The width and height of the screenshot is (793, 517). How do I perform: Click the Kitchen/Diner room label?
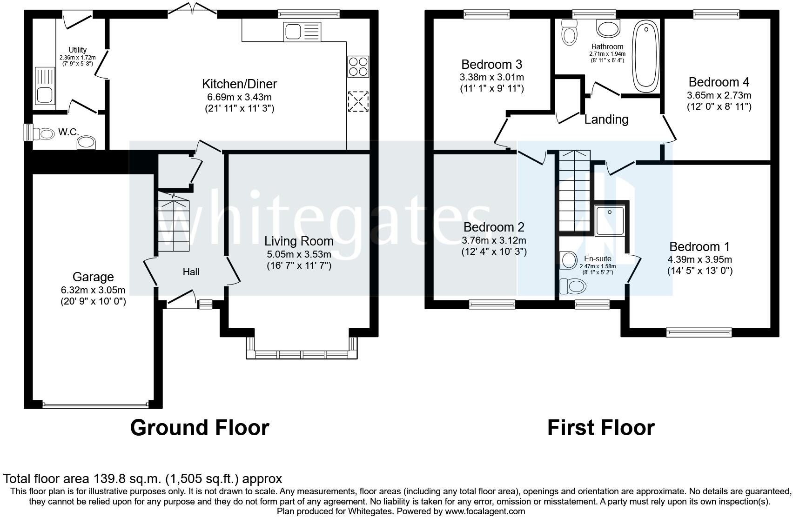click(x=239, y=84)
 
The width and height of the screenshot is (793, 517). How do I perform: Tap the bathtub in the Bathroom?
click(x=646, y=56)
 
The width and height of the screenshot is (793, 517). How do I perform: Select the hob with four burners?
click(x=358, y=66)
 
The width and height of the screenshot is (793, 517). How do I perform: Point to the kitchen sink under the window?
click(x=302, y=32)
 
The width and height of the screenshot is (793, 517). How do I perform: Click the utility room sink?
click(x=45, y=86)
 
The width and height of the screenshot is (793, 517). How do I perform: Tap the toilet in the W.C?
click(x=42, y=134)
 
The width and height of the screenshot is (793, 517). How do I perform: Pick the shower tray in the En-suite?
click(x=610, y=221)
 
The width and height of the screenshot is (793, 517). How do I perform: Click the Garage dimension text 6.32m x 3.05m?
click(x=93, y=290)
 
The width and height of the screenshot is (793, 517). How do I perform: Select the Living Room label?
click(x=299, y=241)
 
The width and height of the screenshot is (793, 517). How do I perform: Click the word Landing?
click(x=606, y=119)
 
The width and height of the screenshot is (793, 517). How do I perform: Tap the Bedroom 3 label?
click(x=492, y=64)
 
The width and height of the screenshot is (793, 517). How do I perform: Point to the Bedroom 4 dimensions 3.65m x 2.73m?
click(x=719, y=95)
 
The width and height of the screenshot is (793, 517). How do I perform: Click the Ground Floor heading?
click(x=200, y=428)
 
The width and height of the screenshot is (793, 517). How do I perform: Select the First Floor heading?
click(x=601, y=428)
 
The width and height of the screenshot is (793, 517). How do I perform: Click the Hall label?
click(x=191, y=272)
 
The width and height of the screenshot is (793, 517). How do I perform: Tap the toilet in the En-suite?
click(x=572, y=286)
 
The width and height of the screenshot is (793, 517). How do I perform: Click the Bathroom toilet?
click(x=570, y=32)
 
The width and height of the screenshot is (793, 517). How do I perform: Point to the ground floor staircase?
click(x=174, y=222)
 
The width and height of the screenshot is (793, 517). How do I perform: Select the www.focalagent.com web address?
click(x=484, y=511)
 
